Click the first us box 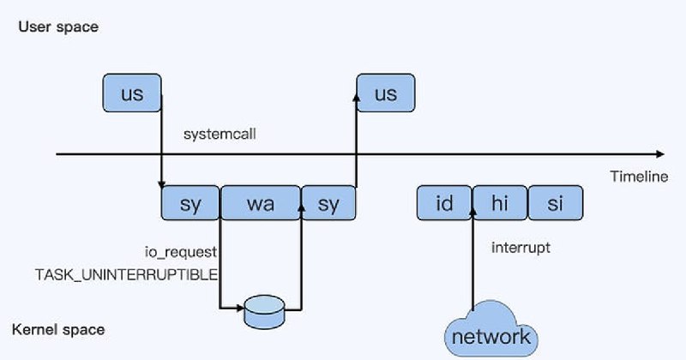[132, 93]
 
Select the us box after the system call [386, 93]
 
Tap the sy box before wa [190, 203]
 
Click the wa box [261, 203]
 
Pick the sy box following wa [328, 203]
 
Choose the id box [444, 203]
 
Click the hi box [500, 203]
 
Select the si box [556, 203]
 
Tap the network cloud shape [490, 330]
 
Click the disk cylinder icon [264, 312]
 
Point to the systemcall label [220, 134]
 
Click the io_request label [181, 252]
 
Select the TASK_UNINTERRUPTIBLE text [126, 274]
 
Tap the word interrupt [521, 248]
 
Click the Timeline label [639, 177]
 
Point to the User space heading [58, 27]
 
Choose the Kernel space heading [58, 329]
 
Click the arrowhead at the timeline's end [660, 154]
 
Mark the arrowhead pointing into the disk [240, 308]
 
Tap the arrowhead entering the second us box [357, 97]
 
